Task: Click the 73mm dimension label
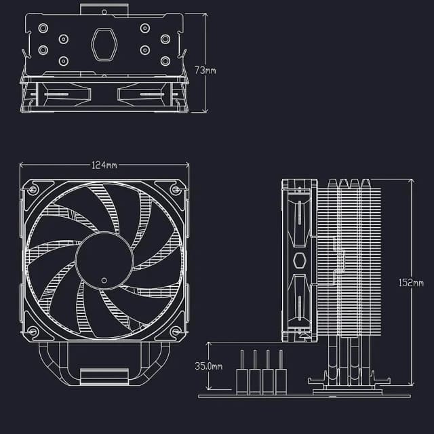(205, 71)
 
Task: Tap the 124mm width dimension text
(104, 165)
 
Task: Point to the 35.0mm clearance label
(209, 366)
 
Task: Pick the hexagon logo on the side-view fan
(298, 261)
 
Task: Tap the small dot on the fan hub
(103, 279)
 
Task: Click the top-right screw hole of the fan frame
(176, 191)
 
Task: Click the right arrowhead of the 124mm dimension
(188, 165)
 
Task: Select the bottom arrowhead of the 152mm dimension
(411, 387)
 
